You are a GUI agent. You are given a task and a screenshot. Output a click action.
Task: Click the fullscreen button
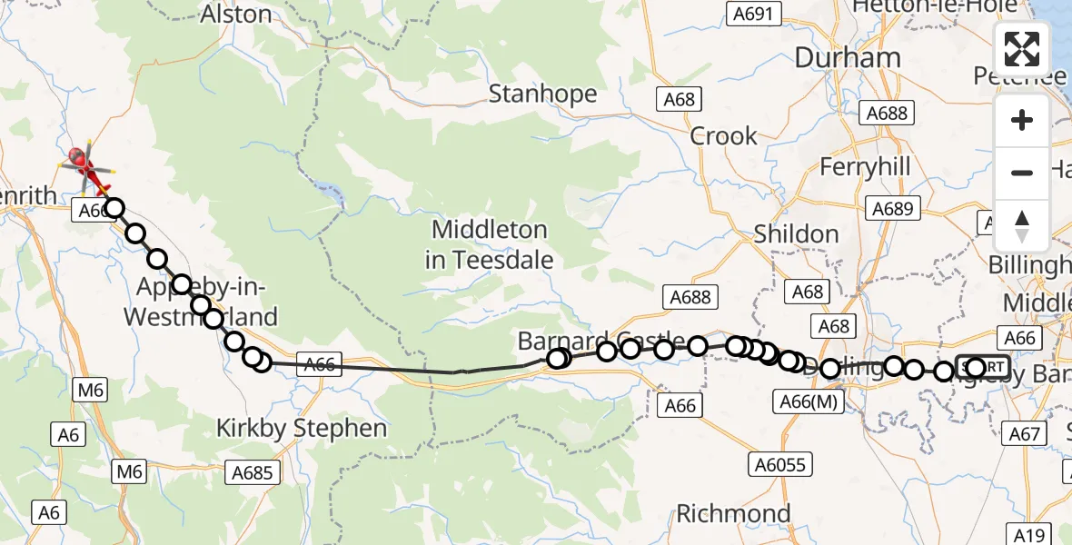(x=1022, y=49)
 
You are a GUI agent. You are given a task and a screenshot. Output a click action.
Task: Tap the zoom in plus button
(x=1022, y=120)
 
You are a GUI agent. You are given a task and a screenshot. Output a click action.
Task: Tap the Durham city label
(x=847, y=58)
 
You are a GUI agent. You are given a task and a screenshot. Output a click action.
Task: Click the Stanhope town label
(x=543, y=94)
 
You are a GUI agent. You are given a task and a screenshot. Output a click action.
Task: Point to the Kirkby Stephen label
(x=302, y=428)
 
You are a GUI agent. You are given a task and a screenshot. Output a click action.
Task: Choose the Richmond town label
(x=733, y=513)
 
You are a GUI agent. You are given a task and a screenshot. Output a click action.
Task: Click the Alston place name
(x=236, y=15)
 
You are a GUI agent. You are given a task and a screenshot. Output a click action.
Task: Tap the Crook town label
(x=723, y=136)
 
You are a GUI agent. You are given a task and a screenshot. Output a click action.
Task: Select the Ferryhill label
(x=865, y=167)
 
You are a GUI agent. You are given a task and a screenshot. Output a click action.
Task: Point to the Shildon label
(x=796, y=234)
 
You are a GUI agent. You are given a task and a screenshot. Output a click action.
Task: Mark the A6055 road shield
(x=779, y=464)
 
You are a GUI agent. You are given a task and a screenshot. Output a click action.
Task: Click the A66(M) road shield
(x=809, y=401)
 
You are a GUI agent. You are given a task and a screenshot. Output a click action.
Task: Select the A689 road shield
(x=891, y=209)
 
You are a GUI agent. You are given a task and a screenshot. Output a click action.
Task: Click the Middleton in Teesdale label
(x=489, y=244)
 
